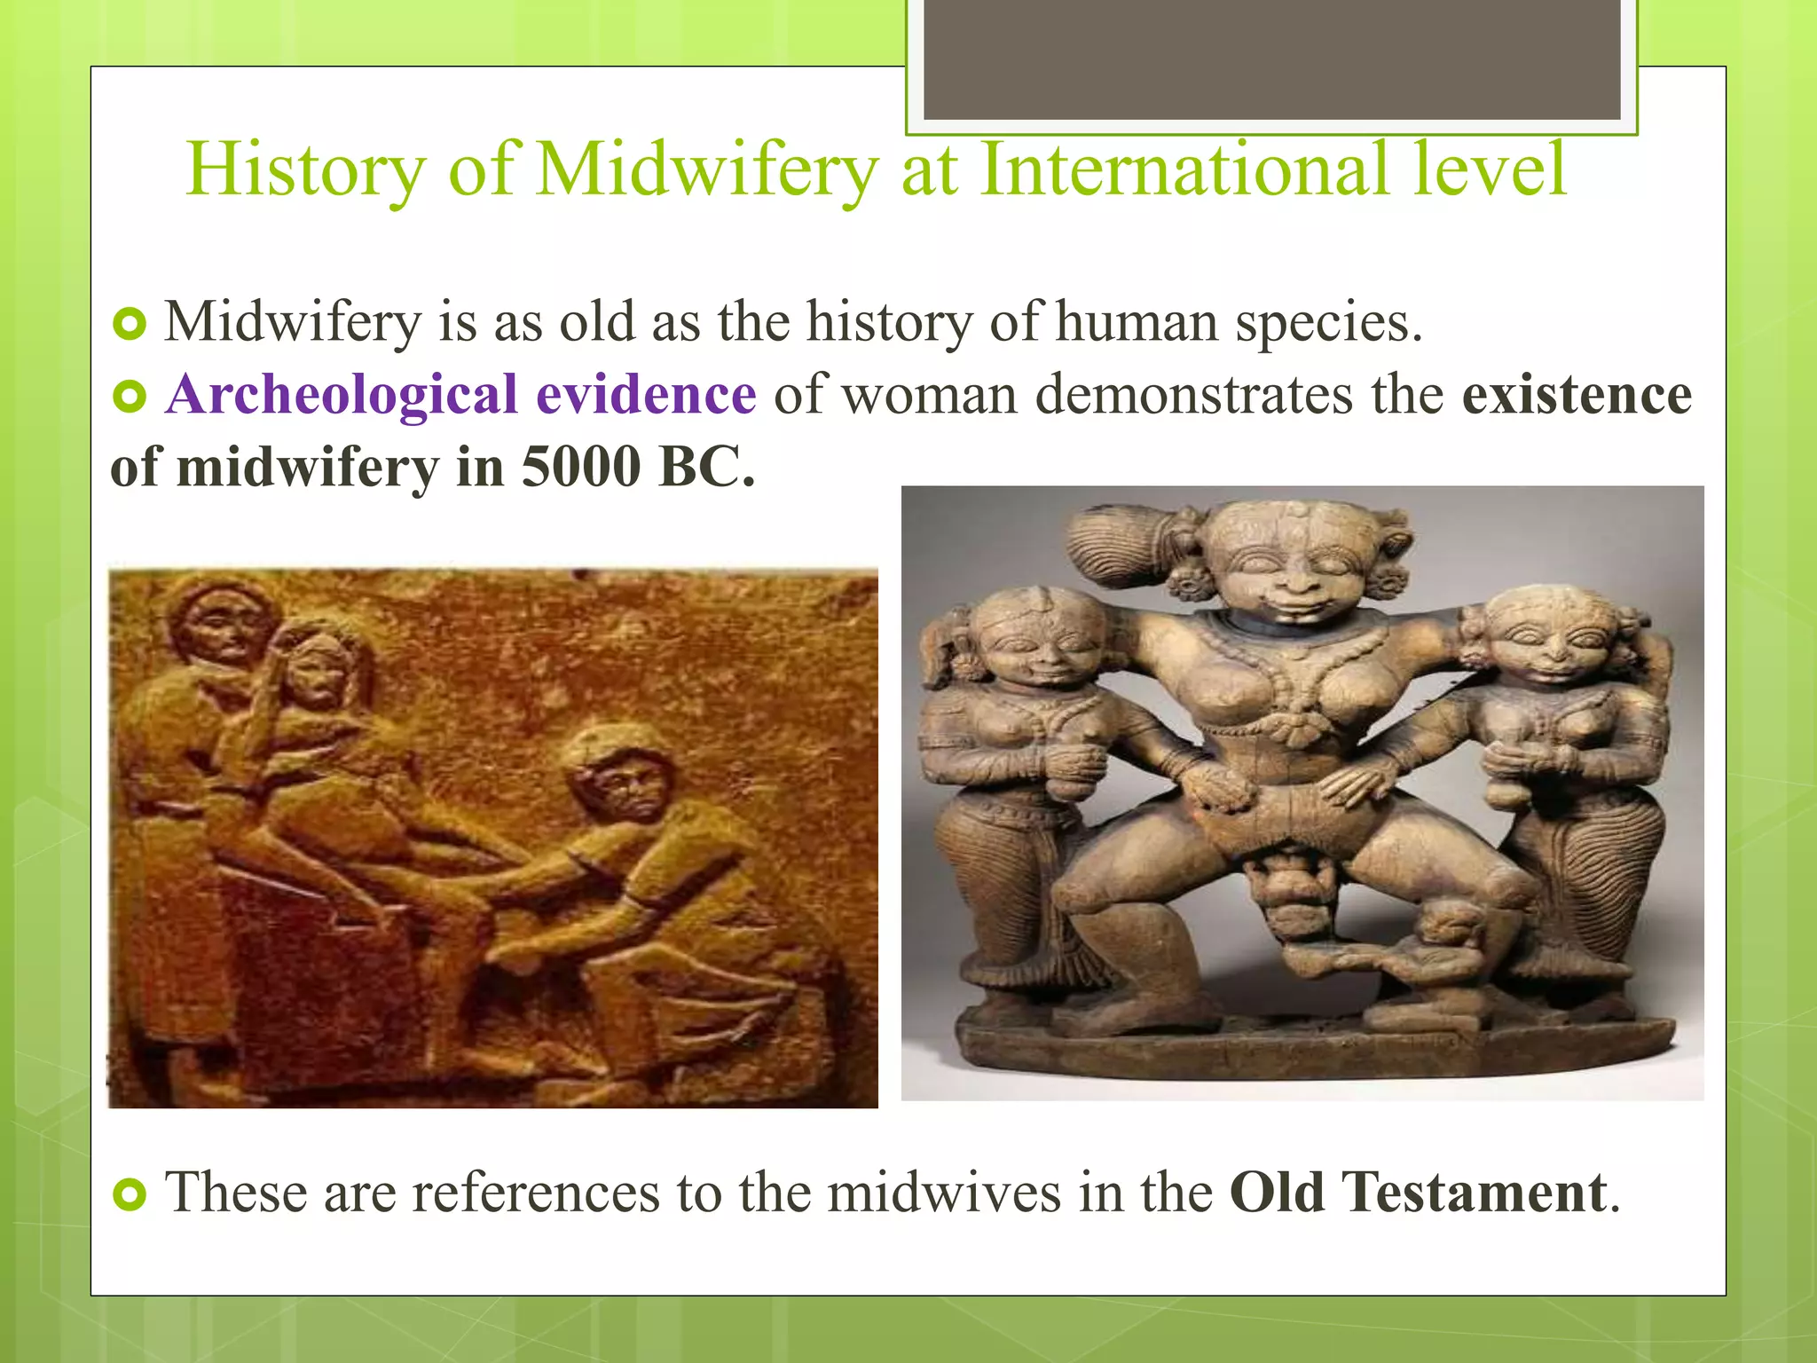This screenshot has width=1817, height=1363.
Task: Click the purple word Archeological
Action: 342,394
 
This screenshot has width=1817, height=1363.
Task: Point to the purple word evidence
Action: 646,394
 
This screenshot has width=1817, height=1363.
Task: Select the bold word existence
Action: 1577,394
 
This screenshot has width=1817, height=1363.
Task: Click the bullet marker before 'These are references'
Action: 130,1194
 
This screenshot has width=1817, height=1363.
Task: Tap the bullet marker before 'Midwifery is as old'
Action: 130,325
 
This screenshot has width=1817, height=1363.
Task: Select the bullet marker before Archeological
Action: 130,397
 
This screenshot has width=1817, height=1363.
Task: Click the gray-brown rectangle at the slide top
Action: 1271,59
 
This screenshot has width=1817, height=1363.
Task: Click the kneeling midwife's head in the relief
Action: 621,772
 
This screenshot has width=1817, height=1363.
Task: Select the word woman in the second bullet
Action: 930,394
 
